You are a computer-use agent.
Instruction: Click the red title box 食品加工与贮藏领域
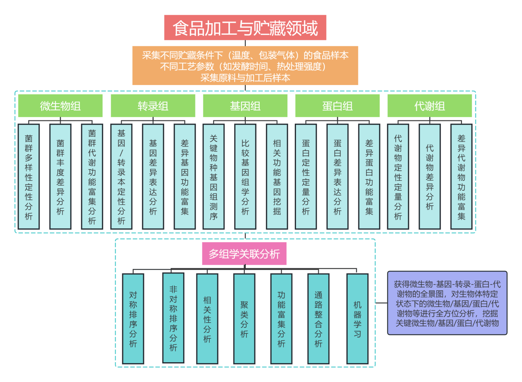point(245,28)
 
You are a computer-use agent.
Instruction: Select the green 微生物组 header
point(60,106)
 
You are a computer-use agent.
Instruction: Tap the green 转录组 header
point(153,106)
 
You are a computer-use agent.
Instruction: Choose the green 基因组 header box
point(245,106)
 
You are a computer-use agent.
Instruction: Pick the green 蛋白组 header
point(337,106)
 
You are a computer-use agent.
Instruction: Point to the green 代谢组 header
point(430,106)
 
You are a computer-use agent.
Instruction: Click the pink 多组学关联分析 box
point(244,254)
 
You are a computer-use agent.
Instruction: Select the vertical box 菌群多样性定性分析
point(28,177)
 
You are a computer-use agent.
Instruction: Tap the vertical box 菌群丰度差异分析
point(60,177)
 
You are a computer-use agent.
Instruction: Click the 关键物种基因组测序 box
point(214,177)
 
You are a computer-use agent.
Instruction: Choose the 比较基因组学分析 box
point(245,177)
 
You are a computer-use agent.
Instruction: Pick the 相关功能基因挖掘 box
point(277,177)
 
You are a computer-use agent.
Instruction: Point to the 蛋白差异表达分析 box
point(337,177)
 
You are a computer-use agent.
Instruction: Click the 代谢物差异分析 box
point(430,177)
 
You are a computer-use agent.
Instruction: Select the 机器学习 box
point(357,319)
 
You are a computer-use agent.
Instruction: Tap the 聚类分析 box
point(244,319)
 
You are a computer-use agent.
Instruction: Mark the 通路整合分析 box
point(318,319)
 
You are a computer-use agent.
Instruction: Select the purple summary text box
point(447,303)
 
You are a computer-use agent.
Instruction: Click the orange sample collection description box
point(245,66)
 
